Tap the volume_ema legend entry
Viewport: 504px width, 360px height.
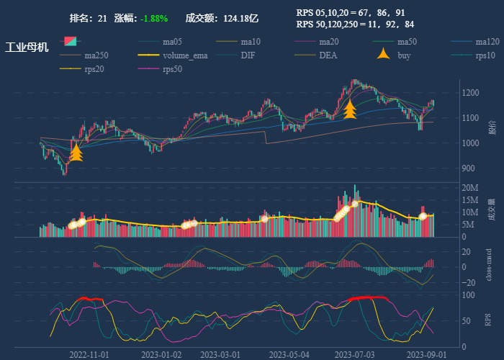coord(185,55)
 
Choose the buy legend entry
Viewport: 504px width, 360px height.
coord(404,55)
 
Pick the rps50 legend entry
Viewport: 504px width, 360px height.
coord(172,69)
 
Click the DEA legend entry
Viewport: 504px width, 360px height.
coord(328,55)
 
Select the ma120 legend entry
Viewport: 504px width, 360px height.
coord(487,41)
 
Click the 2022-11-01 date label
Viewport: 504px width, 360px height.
coord(89,354)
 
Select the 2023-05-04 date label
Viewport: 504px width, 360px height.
coord(289,354)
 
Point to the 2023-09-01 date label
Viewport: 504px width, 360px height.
coord(426,354)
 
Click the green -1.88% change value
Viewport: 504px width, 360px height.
coord(154,18)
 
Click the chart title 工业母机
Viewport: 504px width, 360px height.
coord(27,48)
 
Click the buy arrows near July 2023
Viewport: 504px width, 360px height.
coord(350,109)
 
